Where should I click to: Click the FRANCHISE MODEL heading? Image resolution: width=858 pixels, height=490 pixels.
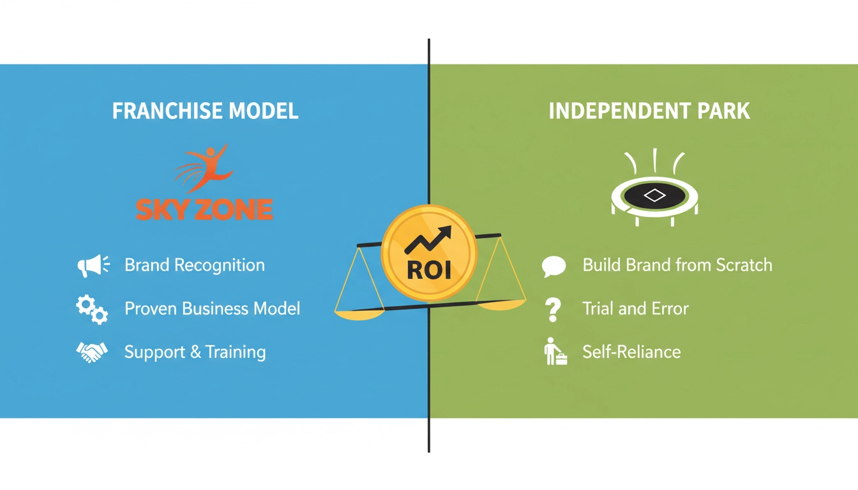pyautogui.click(x=205, y=111)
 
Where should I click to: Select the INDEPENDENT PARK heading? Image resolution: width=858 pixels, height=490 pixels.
pyautogui.click(x=649, y=111)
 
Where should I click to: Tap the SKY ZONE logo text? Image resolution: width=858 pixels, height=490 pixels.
pyautogui.click(x=204, y=209)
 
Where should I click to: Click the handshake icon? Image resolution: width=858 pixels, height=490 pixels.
pyautogui.click(x=92, y=352)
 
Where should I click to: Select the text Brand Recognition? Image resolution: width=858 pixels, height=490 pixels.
pyautogui.click(x=194, y=265)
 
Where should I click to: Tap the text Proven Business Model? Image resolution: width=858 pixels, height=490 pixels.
pyautogui.click(x=212, y=309)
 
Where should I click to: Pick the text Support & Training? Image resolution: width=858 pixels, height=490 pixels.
pyautogui.click(x=195, y=352)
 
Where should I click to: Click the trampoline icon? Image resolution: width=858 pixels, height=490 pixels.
pyautogui.click(x=654, y=195)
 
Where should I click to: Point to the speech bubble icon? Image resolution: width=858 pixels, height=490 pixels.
pyautogui.click(x=553, y=266)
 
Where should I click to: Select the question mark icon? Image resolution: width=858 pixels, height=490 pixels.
pyautogui.click(x=553, y=309)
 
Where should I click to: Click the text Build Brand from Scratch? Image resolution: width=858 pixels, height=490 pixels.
pyautogui.click(x=677, y=265)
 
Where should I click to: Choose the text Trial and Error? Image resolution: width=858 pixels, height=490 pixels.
pyautogui.click(x=635, y=309)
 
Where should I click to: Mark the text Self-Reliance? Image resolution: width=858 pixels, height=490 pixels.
pyautogui.click(x=631, y=352)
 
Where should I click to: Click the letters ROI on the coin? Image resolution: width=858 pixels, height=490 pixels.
pyautogui.click(x=428, y=270)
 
